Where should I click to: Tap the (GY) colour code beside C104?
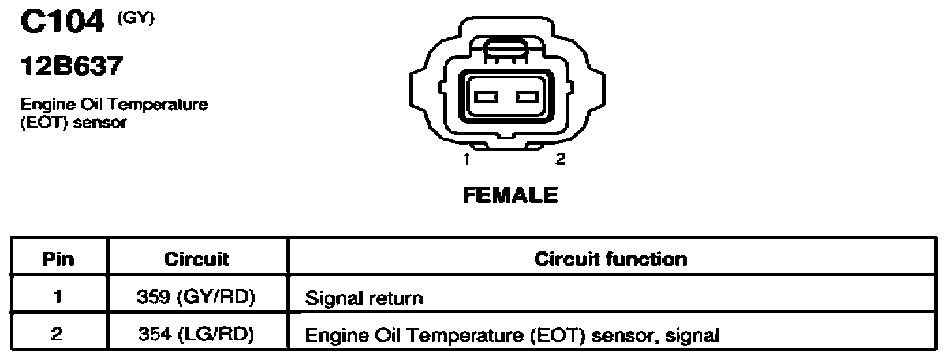(136, 18)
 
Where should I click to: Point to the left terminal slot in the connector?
(485, 96)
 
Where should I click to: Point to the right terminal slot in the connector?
(526, 96)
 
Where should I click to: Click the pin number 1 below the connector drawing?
(467, 159)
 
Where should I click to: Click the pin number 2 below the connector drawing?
(560, 159)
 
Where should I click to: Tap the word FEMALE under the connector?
(510, 196)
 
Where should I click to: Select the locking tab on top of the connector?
(506, 48)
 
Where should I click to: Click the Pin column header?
(59, 259)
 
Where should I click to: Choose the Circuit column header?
(197, 259)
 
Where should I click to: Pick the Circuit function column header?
(611, 259)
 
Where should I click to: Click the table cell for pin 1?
(59, 297)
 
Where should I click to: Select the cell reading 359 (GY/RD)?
(197, 297)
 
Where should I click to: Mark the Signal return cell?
(612, 297)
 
